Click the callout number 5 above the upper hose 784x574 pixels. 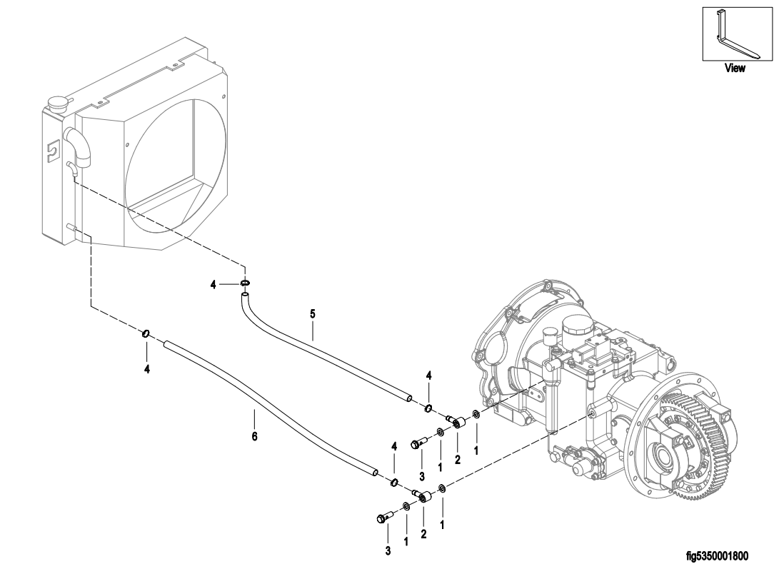(313, 314)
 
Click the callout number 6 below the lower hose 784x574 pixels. (254, 436)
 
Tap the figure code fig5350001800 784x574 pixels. (718, 556)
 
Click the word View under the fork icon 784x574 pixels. (735, 68)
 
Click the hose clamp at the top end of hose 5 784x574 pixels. (244, 284)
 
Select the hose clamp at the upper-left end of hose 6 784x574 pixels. (146, 333)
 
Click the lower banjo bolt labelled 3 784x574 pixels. (384, 518)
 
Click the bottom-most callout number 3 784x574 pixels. (388, 551)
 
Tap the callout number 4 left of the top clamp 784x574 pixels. (213, 285)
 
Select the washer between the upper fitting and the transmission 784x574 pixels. (476, 415)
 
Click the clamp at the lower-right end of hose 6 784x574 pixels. (394, 483)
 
